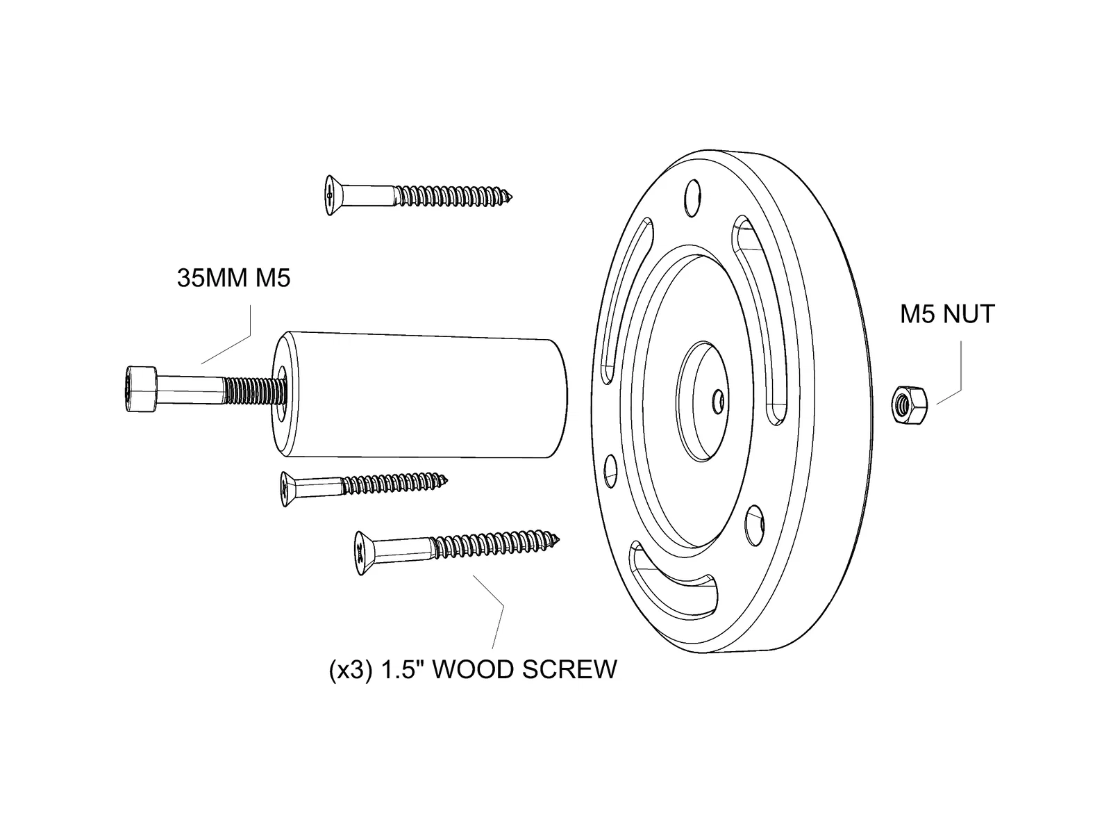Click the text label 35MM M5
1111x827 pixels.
[233, 279]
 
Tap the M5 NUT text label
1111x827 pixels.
[947, 314]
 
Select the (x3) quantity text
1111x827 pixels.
[351, 671]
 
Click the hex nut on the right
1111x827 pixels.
[906, 404]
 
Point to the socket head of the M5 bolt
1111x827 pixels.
[140, 389]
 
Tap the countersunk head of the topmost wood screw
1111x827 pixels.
[332, 195]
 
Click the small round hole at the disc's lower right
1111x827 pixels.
[753, 525]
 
